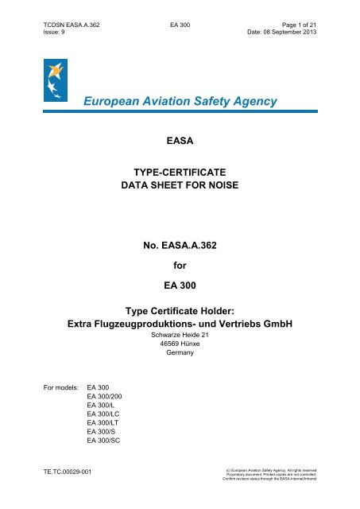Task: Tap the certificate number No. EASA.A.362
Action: (x=180, y=257)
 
